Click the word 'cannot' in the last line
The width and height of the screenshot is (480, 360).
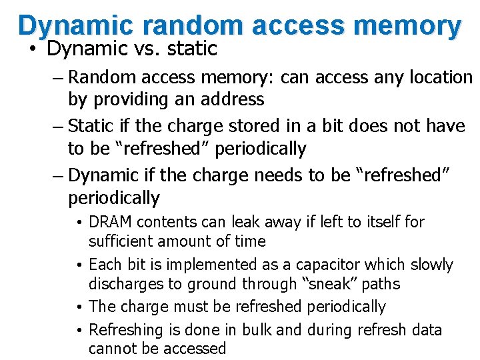click(111, 349)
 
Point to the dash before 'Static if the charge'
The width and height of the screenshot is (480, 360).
click(59, 126)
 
